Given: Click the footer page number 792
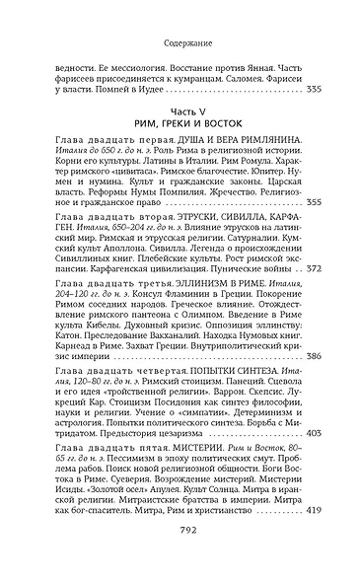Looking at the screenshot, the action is coord(180,556).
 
